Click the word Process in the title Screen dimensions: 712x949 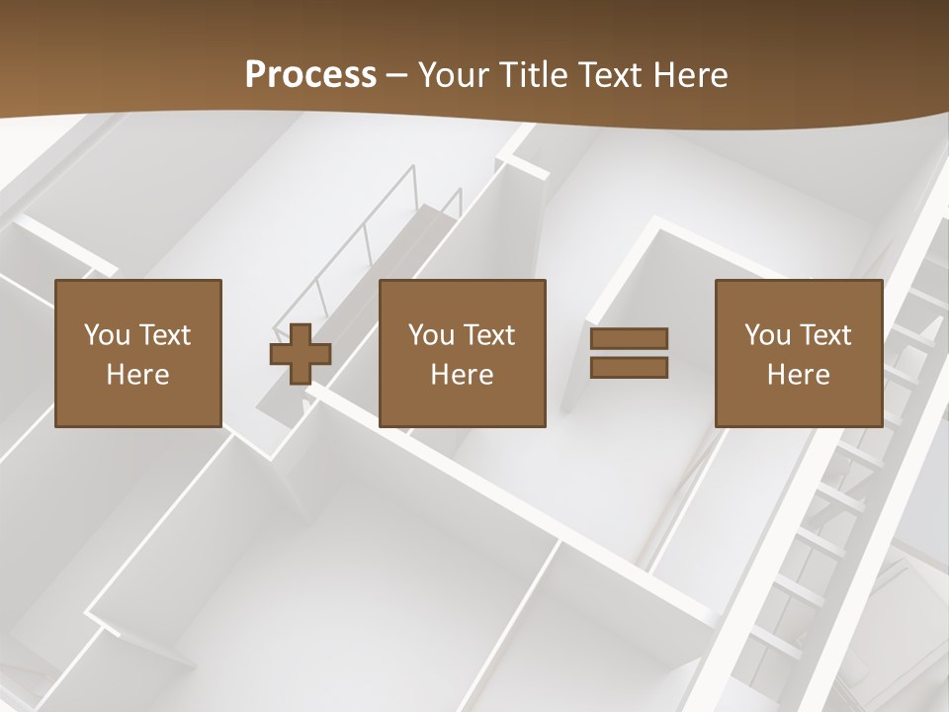310,75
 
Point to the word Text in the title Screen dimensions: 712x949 610,75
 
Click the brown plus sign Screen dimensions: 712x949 301,354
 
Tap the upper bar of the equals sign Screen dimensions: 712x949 629,339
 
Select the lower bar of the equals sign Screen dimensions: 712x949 629,367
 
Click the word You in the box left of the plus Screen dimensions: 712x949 107,335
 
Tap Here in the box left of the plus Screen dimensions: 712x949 137,375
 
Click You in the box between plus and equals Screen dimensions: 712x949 431,335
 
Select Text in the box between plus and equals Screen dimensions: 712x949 487,335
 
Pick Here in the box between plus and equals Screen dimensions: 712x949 462,375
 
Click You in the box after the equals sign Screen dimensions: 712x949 767,335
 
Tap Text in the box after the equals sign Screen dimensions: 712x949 823,335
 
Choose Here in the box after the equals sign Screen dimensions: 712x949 798,375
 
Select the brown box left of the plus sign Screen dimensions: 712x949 137,405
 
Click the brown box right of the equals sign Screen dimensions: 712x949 798,405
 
